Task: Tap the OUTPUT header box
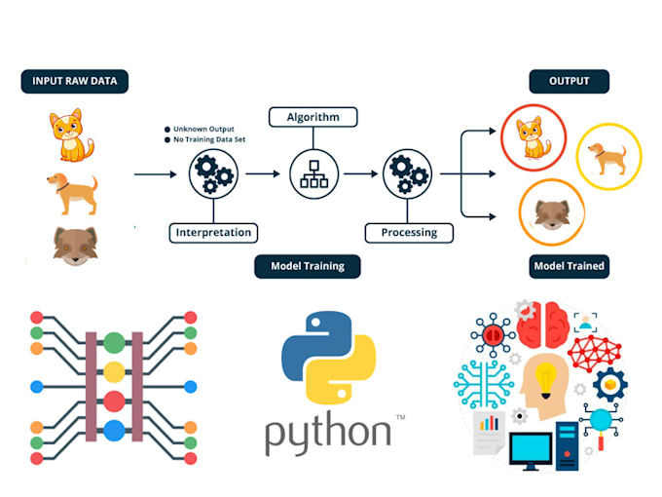(569, 81)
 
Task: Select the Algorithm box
(313, 117)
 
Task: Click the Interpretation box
(213, 232)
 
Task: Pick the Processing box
(408, 232)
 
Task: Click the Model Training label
(307, 266)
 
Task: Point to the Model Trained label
(569, 266)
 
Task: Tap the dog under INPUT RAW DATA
(72, 192)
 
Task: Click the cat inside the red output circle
(529, 137)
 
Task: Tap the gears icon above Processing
(407, 174)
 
